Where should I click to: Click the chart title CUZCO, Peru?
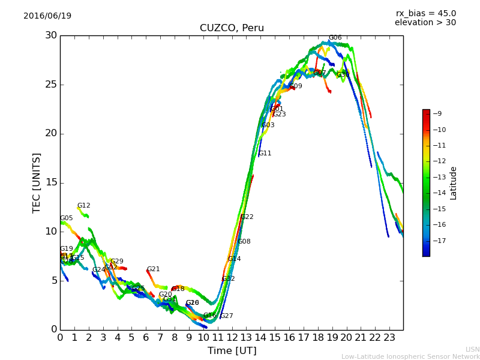pyautogui.click(x=232, y=28)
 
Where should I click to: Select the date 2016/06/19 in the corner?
pyautogui.click(x=47, y=16)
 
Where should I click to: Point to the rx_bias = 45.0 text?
pyautogui.click(x=425, y=13)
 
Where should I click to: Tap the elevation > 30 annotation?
pyautogui.click(x=425, y=23)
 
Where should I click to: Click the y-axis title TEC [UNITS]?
pyautogui.click(x=37, y=182)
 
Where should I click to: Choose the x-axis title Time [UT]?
pyautogui.click(x=232, y=350)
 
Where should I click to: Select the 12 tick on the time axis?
pyautogui.click(x=232, y=338)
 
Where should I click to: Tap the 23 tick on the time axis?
pyautogui.click(x=389, y=338)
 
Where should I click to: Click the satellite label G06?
pyautogui.click(x=335, y=38)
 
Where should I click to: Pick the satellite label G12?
pyautogui.click(x=83, y=206)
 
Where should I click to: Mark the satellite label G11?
pyautogui.click(x=265, y=154)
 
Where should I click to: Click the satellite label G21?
pyautogui.click(x=153, y=269)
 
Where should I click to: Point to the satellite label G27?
pyautogui.click(x=226, y=316)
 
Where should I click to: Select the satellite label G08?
pyautogui.click(x=244, y=242)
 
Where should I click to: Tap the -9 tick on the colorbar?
pyautogui.click(x=437, y=113)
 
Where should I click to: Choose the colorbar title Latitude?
pyautogui.click(x=454, y=183)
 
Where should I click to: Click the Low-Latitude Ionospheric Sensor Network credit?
pyautogui.click(x=410, y=356)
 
